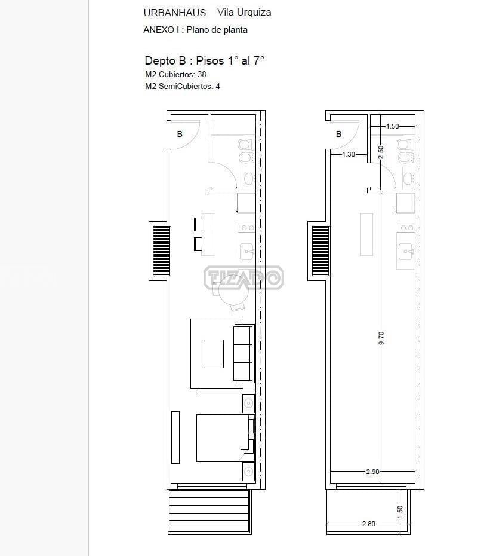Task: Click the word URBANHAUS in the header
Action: (x=174, y=13)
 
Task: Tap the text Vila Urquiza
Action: (x=244, y=13)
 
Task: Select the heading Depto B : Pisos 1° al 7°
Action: (x=204, y=60)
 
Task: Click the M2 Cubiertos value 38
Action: (x=202, y=75)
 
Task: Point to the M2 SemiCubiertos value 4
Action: (x=218, y=87)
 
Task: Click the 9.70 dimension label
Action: (x=381, y=338)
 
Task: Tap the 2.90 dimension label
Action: (x=372, y=472)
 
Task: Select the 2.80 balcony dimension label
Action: (x=369, y=524)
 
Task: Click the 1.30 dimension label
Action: (x=349, y=154)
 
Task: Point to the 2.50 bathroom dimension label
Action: (x=381, y=152)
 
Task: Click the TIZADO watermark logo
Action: (x=243, y=277)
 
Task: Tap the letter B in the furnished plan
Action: (x=180, y=134)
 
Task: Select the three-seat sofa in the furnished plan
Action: (x=244, y=353)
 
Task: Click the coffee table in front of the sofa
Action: (x=214, y=354)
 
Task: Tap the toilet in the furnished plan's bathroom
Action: (x=245, y=144)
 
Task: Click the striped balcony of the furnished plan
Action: (x=209, y=512)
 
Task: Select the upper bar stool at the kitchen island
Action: (x=198, y=224)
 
